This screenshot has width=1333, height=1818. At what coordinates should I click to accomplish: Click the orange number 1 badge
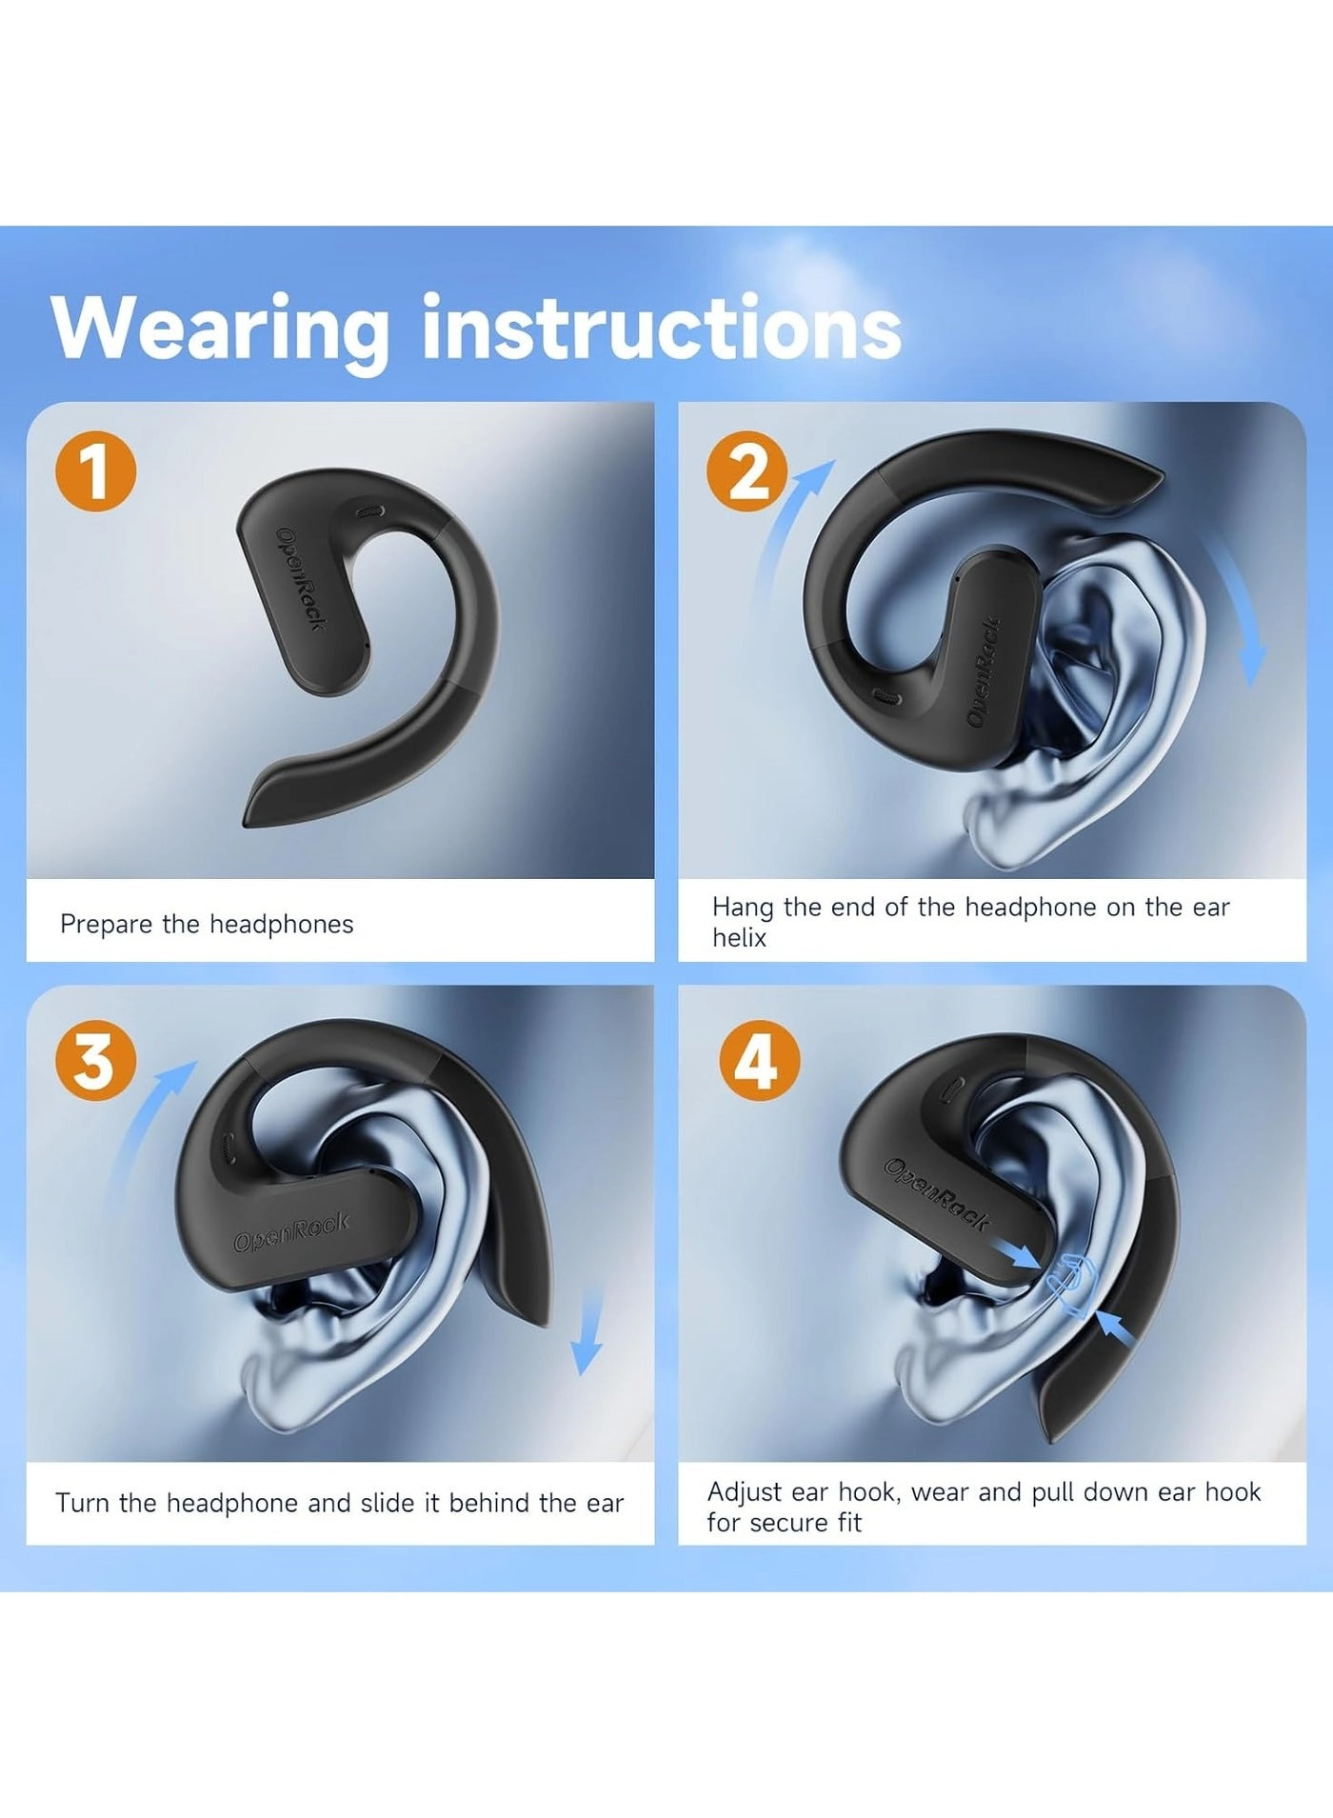click(95, 471)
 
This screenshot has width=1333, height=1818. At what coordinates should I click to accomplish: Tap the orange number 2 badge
click(747, 471)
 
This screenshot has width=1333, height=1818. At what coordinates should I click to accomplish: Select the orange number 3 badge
click(95, 1061)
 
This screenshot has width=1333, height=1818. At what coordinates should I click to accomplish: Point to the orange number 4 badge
click(759, 1061)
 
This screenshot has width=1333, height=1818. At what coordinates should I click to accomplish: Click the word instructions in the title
click(661, 329)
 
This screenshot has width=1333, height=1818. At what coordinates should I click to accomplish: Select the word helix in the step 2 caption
click(739, 938)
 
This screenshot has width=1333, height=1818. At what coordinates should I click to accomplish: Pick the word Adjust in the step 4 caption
click(745, 1492)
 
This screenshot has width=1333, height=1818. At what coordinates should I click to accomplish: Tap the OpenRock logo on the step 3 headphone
click(291, 1232)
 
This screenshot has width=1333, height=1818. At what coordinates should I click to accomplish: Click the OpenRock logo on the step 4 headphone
click(937, 1194)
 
